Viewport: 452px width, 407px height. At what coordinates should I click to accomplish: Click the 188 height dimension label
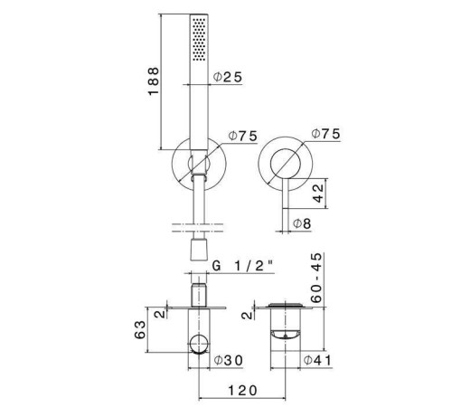154,81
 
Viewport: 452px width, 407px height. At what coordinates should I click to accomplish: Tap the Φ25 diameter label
228,77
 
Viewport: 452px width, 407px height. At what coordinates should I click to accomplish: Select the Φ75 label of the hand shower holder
243,136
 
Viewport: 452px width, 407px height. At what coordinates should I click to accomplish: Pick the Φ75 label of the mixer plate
325,134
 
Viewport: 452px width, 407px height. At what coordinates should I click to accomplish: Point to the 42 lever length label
318,194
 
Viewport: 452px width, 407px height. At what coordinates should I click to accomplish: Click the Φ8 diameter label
302,223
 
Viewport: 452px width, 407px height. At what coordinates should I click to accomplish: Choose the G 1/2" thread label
242,266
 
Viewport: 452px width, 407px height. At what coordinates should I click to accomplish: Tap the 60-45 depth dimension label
316,278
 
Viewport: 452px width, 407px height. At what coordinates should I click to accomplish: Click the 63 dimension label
140,330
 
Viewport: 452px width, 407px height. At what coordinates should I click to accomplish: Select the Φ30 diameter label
228,360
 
